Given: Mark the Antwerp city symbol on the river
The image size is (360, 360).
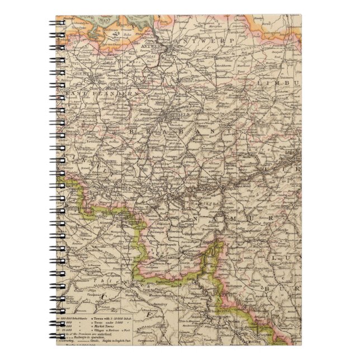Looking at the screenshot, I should click(x=170, y=48).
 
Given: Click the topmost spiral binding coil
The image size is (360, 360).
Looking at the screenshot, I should click(x=56, y=23).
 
